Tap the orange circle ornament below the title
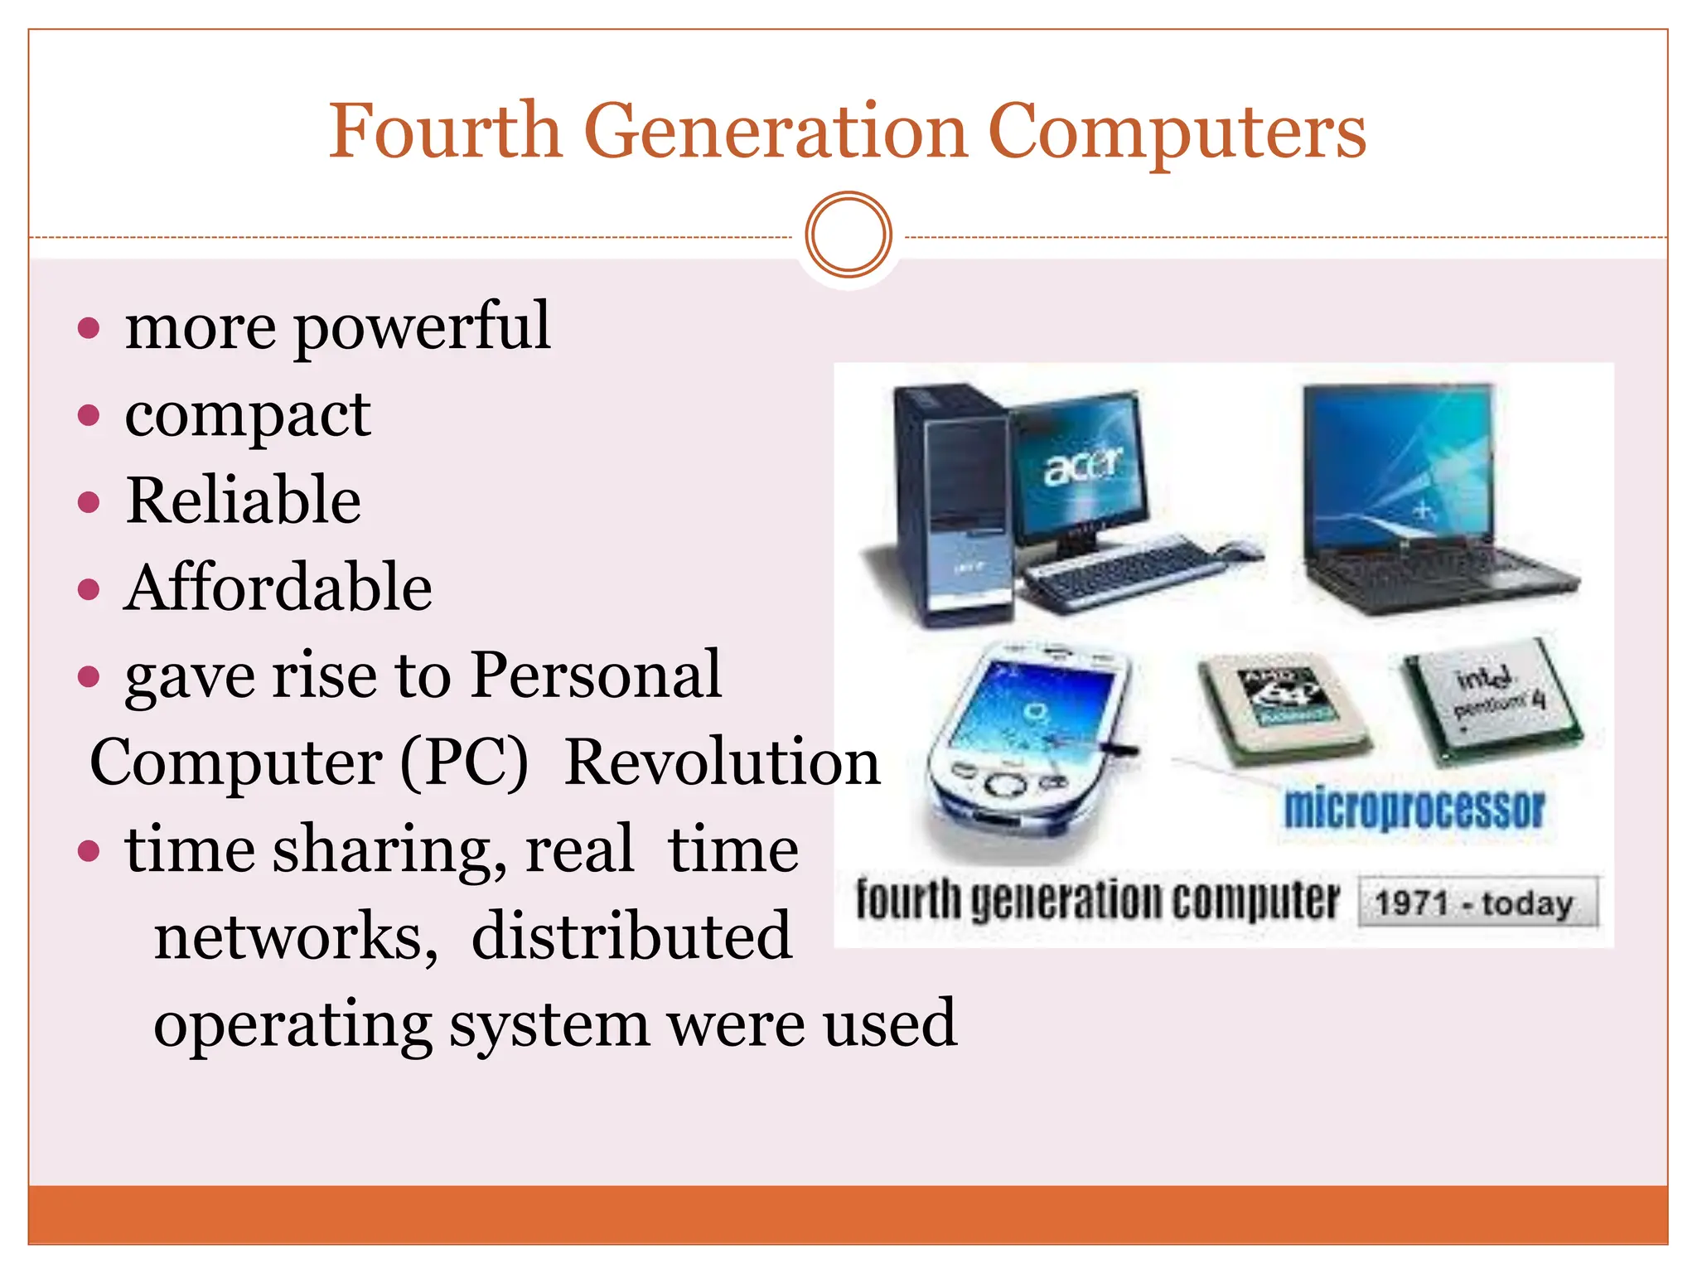pos(848,235)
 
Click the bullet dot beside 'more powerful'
pos(88,328)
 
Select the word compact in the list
pos(247,414)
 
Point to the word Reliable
pos(244,501)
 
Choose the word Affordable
pos(278,588)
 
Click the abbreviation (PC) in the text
pos(464,762)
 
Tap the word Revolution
pos(722,762)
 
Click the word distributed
pos(631,937)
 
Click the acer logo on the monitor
pos(1082,467)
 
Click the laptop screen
pos(1399,464)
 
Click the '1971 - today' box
pos(1477,903)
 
